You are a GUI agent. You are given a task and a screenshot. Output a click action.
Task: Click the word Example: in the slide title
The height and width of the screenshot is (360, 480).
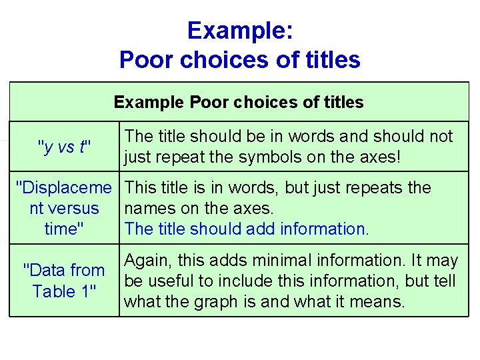pos(239,30)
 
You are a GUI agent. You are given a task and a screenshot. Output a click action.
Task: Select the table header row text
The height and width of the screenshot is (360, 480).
pos(239,102)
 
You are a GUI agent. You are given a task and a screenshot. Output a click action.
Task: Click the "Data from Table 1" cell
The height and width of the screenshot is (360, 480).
pos(64,281)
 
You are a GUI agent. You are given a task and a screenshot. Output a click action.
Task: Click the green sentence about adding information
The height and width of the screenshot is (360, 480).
pos(246,229)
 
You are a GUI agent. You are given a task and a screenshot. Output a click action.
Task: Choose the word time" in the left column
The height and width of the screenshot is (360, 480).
pos(64,229)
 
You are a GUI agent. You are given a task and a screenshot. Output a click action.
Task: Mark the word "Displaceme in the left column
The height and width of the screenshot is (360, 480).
pos(64,188)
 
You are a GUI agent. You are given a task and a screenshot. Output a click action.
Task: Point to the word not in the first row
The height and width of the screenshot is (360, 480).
pos(441,137)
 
